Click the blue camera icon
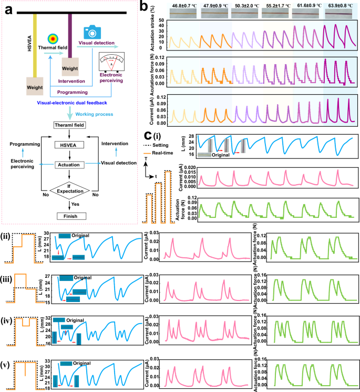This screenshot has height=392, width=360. coord(91,31)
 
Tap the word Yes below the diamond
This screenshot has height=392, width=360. coord(83,203)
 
